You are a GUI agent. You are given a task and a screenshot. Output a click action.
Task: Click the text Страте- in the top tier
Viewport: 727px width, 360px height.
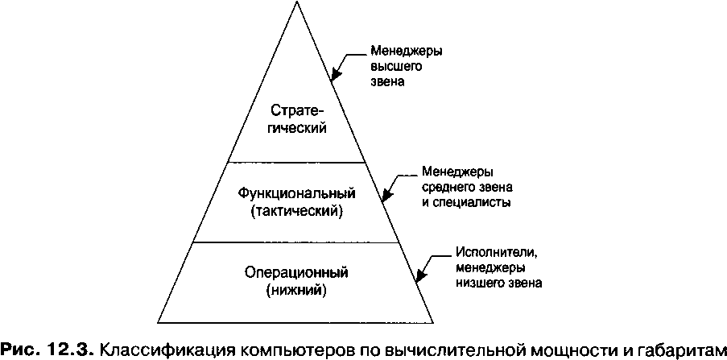click(x=296, y=110)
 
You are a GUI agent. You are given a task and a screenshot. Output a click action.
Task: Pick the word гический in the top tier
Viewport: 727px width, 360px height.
click(x=296, y=128)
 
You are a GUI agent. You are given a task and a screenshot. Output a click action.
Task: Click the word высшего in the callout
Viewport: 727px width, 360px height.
click(x=390, y=67)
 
